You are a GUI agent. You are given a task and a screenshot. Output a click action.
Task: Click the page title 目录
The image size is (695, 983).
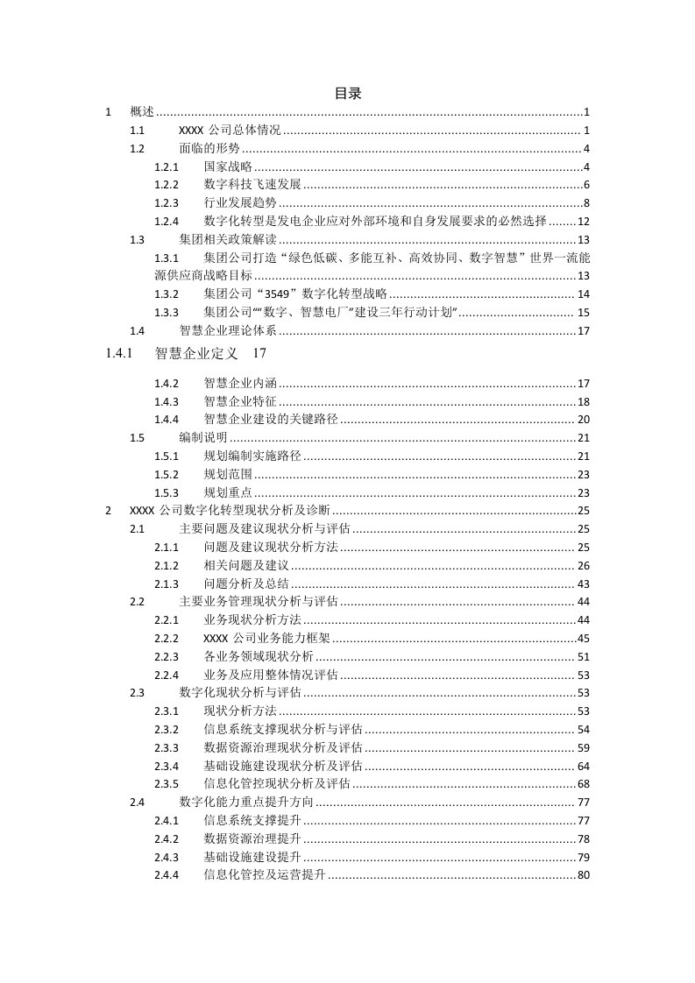click(x=348, y=94)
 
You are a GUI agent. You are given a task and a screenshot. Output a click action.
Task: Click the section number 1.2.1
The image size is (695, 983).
click(x=166, y=166)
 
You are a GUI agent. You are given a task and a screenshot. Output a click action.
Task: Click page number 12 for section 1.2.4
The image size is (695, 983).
click(x=583, y=221)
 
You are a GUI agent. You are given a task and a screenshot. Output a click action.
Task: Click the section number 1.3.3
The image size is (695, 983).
click(x=166, y=312)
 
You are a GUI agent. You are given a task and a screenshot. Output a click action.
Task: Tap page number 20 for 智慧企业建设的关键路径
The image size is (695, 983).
click(x=583, y=420)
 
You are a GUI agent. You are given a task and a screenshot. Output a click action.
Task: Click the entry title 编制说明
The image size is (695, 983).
click(x=203, y=438)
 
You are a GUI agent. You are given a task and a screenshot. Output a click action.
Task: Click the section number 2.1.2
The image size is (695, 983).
click(x=166, y=565)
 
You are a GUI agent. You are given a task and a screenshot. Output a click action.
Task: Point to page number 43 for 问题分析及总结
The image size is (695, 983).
click(x=583, y=583)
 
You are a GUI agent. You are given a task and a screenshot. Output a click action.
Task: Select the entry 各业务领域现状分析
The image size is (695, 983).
click(x=259, y=656)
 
